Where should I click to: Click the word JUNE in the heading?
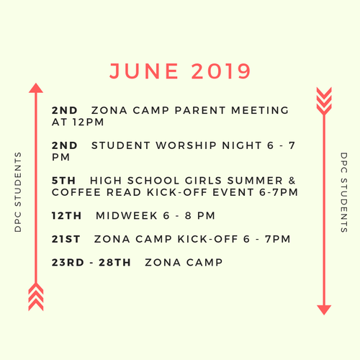(x=144, y=71)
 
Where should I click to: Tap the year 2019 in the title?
(x=221, y=71)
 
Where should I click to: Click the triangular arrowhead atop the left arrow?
(x=36, y=88)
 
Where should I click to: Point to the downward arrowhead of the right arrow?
(x=324, y=310)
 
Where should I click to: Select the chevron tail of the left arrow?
(x=36, y=297)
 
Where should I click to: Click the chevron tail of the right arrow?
(x=324, y=102)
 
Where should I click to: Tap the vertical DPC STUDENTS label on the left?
(x=18, y=192)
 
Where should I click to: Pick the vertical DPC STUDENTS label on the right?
(x=344, y=192)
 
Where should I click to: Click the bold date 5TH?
(x=63, y=181)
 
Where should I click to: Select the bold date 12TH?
(x=66, y=216)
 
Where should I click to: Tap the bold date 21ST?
(x=66, y=239)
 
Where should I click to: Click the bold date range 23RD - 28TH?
(x=91, y=263)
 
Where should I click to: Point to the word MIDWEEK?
(x=127, y=216)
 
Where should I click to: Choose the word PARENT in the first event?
(x=200, y=110)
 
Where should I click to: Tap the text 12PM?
(x=89, y=122)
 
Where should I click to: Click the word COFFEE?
(x=76, y=192)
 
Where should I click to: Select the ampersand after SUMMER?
(x=292, y=181)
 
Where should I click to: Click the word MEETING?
(x=260, y=110)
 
